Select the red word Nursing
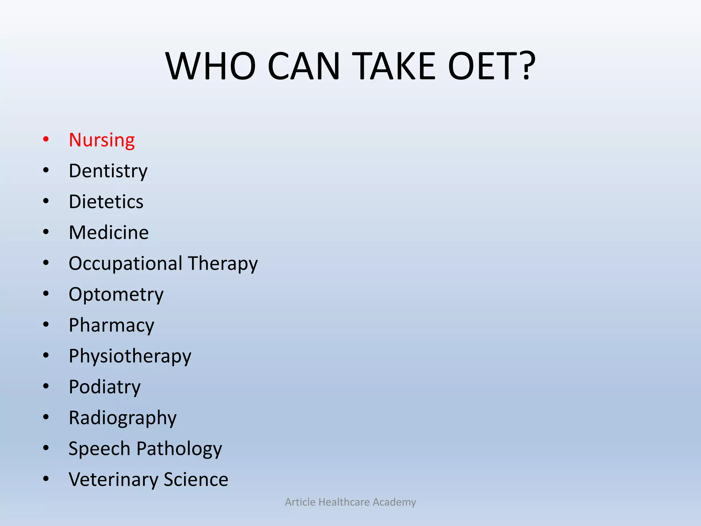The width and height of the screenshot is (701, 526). [x=102, y=140]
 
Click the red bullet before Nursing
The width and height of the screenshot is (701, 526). [x=46, y=139]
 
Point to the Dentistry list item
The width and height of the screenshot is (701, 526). [x=108, y=171]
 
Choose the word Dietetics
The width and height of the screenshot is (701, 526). [x=106, y=202]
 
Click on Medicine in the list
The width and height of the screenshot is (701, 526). [x=109, y=233]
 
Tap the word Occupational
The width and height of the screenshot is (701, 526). [x=125, y=264]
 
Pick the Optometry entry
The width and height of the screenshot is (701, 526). [x=116, y=295]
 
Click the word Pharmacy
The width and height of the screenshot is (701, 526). [x=111, y=325]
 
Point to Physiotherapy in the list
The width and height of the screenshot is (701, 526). [x=130, y=356]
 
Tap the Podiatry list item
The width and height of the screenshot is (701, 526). [x=104, y=387]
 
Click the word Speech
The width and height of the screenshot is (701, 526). [x=99, y=449]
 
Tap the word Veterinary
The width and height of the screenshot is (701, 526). [x=113, y=479]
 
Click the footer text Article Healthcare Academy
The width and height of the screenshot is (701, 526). [x=350, y=502]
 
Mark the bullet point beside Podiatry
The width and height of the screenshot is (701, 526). [x=46, y=386]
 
